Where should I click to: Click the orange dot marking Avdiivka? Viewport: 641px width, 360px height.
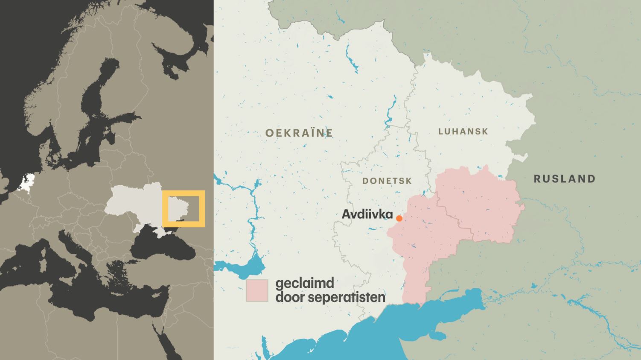tap(399, 218)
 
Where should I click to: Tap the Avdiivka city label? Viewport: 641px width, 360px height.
tap(367, 214)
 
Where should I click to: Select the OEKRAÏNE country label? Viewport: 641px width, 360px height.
tap(299, 133)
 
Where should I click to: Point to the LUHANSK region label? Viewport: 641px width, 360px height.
tap(463, 132)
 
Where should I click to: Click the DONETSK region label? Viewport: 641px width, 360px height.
tap(387, 181)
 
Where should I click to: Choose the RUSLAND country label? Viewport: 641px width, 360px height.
tap(564, 179)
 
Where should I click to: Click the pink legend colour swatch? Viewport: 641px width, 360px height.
tap(257, 291)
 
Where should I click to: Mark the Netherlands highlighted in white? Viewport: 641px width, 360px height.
tap(28, 181)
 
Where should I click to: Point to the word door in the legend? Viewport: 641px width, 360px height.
tap(290, 297)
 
